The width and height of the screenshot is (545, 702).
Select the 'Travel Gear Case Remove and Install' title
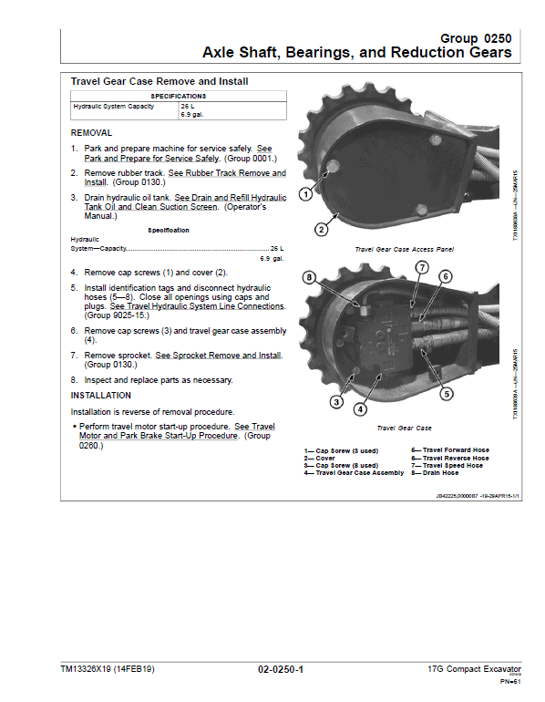[x=159, y=81]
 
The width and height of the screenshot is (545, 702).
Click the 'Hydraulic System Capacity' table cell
[x=114, y=107]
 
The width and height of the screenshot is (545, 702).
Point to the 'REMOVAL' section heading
[x=91, y=132]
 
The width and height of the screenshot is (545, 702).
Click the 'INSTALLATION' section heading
[x=101, y=396]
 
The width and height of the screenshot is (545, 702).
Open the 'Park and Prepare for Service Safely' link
[x=147, y=158]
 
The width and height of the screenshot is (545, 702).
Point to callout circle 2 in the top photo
[x=320, y=229]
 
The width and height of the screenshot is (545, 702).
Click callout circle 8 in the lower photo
[x=309, y=277]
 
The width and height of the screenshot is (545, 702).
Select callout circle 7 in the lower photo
[x=422, y=267]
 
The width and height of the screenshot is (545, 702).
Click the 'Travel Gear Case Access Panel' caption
[x=404, y=249]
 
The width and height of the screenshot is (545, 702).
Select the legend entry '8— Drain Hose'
[x=436, y=473]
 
